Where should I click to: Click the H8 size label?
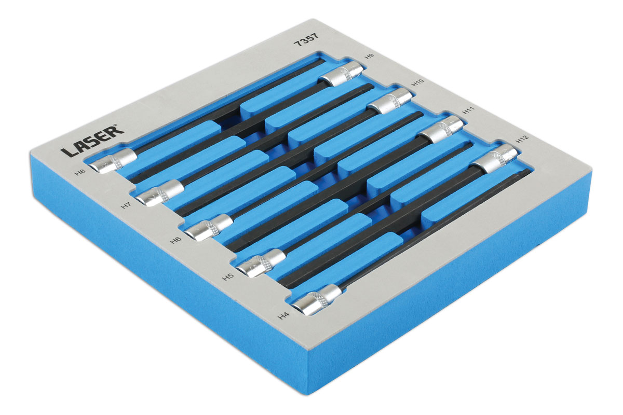point(80,173)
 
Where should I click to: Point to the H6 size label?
point(176,240)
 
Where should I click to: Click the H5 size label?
point(228,276)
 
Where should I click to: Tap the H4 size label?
point(283,315)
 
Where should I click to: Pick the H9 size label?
point(369,56)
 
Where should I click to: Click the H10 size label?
point(417,82)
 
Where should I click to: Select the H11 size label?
point(468,110)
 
